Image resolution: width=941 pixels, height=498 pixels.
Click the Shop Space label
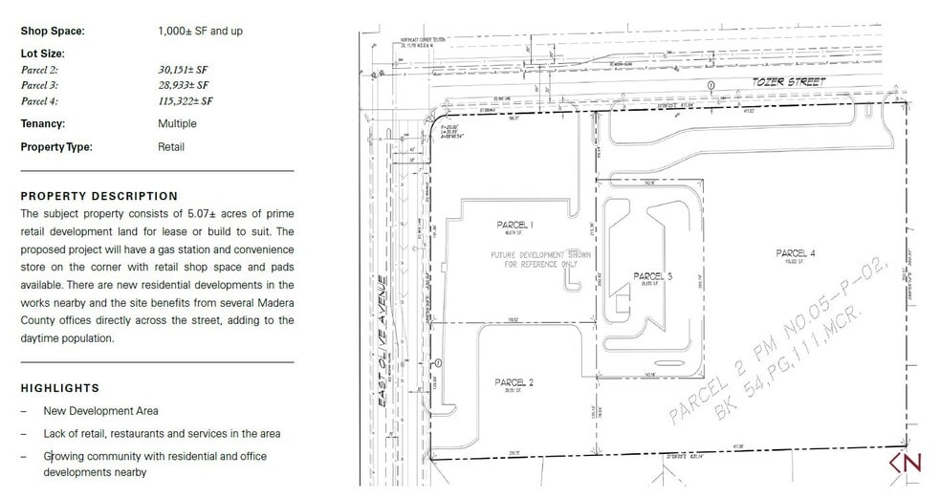pos(53,31)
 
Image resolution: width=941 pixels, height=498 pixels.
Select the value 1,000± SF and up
pos(200,31)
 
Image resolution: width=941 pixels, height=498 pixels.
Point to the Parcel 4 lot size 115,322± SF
pos(186,100)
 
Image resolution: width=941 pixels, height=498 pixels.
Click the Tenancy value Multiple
pos(177,123)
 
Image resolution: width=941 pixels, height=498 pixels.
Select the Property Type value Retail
pos(171,147)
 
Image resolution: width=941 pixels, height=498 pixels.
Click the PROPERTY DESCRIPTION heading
pos(98,196)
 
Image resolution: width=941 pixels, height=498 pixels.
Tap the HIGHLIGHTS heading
pos(59,388)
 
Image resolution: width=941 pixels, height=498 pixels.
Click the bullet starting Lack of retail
pos(162,434)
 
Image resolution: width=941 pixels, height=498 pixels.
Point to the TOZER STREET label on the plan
pos(788,82)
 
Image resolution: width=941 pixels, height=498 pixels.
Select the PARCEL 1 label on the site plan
pos(514,225)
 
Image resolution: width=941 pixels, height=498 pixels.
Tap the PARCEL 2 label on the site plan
pos(514,382)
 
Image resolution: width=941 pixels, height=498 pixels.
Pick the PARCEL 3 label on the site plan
pos(653,276)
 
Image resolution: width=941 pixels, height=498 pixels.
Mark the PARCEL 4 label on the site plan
pos(796,252)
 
